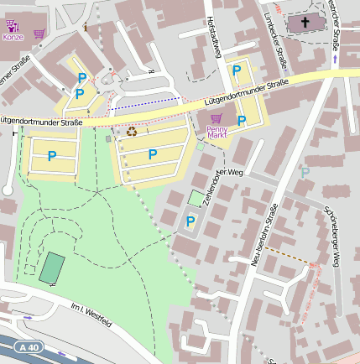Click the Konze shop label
click(x=13, y=38)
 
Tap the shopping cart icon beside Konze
click(x=39, y=34)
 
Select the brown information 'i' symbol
click(x=86, y=29)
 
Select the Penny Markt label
click(x=217, y=132)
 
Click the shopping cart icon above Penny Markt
click(x=217, y=118)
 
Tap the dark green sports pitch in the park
click(x=51, y=268)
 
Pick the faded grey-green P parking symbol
click(x=305, y=171)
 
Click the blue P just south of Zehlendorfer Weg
click(x=190, y=221)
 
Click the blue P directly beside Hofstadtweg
click(x=237, y=70)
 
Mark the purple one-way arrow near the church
click(x=336, y=59)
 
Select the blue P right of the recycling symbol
click(x=152, y=154)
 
